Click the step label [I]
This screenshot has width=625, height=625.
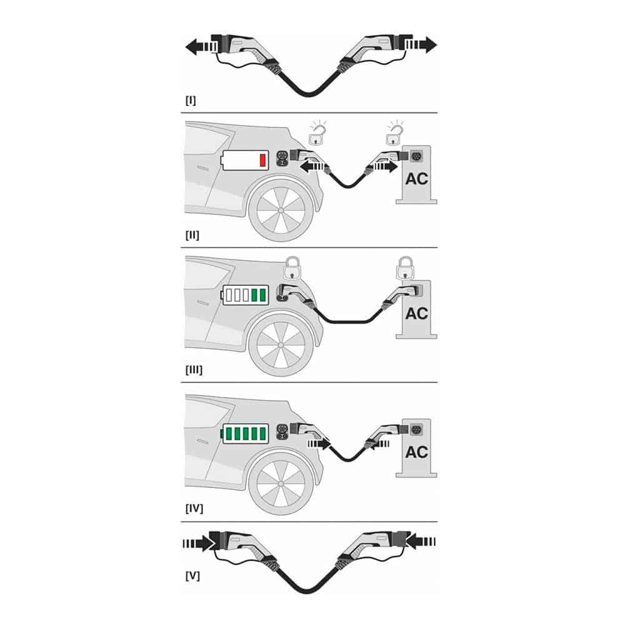pyautogui.click(x=191, y=101)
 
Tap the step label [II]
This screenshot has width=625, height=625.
pyautogui.click(x=192, y=235)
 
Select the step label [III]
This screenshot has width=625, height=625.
pyautogui.click(x=194, y=370)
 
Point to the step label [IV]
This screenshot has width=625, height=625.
pyautogui.click(x=194, y=509)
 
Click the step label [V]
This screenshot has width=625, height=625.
pyautogui.click(x=192, y=576)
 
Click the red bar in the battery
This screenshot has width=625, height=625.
pyautogui.click(x=262, y=160)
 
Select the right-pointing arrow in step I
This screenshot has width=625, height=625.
pyautogui.click(x=421, y=44)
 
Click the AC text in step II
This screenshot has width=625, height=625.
pyautogui.click(x=416, y=179)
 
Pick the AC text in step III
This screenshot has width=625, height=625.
pyautogui.click(x=416, y=314)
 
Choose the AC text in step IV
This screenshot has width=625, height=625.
pyautogui.click(x=416, y=452)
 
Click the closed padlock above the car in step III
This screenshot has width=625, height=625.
pyautogui.click(x=292, y=268)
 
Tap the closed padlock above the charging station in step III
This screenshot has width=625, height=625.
pyautogui.click(x=406, y=268)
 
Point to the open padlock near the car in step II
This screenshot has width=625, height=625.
pyautogui.click(x=317, y=134)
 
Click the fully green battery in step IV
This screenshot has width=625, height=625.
pyautogui.click(x=245, y=434)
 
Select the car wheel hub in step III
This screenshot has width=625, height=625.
pyautogui.click(x=281, y=345)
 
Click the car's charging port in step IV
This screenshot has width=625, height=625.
pyautogui.click(x=282, y=433)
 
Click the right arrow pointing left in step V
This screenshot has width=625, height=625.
pyautogui.click(x=422, y=542)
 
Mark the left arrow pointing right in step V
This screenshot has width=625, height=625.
pyautogui.click(x=197, y=543)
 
